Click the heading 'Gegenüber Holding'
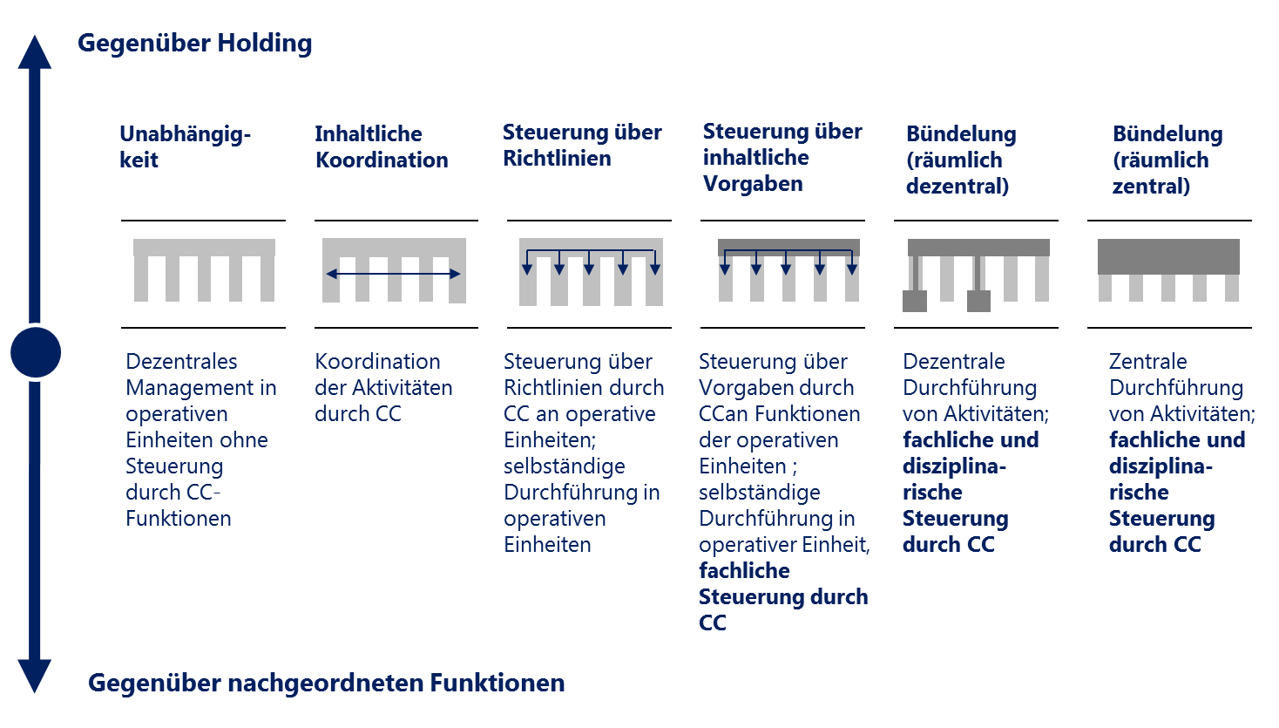[194, 44]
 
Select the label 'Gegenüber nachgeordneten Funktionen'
[326, 683]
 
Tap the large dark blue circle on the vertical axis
[36, 352]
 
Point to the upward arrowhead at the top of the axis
[35, 52]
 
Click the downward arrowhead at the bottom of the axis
[35, 677]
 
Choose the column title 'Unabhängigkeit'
[185, 146]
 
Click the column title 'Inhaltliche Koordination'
[382, 146]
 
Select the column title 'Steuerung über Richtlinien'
[582, 145]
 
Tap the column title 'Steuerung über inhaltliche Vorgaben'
[782, 158]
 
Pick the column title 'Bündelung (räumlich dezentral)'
[961, 160]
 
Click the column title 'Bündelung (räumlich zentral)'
[1167, 160]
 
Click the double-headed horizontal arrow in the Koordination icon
[394, 274]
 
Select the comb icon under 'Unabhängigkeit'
[204, 270]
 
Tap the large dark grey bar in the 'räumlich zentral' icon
[1168, 256]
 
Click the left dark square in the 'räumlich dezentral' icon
[915, 301]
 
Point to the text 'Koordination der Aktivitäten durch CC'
[383, 387]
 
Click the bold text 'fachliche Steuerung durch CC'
[783, 596]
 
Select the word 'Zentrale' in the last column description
[1147, 362]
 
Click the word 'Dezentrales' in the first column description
[181, 362]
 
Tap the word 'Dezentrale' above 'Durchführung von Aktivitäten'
[953, 362]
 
